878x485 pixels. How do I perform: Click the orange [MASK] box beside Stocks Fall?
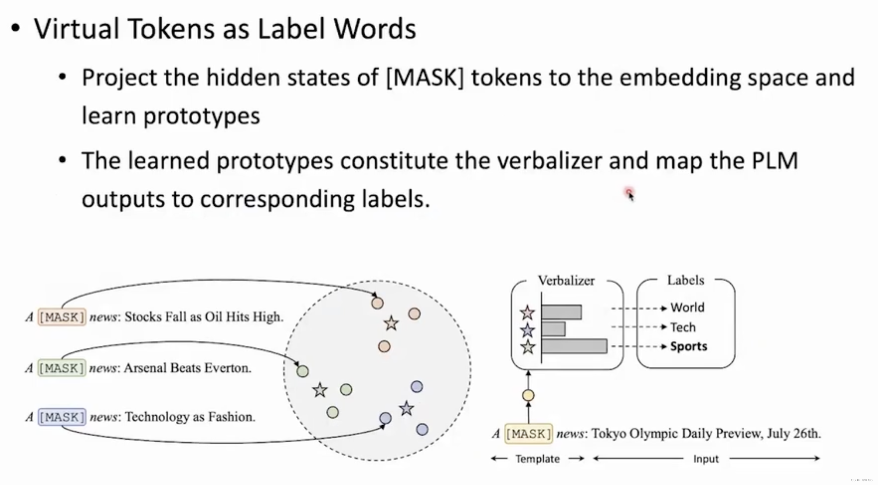pyautogui.click(x=62, y=317)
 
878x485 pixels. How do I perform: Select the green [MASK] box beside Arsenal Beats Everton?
pyautogui.click(x=62, y=368)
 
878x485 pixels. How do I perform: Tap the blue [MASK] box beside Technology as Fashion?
pyautogui.click(x=62, y=417)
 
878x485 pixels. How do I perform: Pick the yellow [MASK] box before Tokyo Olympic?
pyautogui.click(x=528, y=434)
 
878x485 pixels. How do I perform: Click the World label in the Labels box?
pyautogui.click(x=687, y=307)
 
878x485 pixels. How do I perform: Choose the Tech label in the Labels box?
pyautogui.click(x=683, y=327)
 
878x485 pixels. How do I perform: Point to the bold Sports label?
pyautogui.click(x=689, y=346)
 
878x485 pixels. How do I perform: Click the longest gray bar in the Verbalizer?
pyautogui.click(x=574, y=346)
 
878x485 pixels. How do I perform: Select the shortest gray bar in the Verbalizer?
pyautogui.click(x=553, y=329)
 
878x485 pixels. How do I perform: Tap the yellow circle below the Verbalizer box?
pyautogui.click(x=528, y=395)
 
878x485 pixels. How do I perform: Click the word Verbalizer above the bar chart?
pyautogui.click(x=566, y=281)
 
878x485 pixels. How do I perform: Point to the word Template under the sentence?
pyautogui.click(x=537, y=459)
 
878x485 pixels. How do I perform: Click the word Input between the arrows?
pyautogui.click(x=706, y=459)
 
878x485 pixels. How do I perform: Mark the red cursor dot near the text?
pyautogui.click(x=628, y=192)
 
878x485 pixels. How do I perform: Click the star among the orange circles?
pyautogui.click(x=391, y=324)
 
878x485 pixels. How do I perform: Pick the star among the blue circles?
pyautogui.click(x=406, y=408)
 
